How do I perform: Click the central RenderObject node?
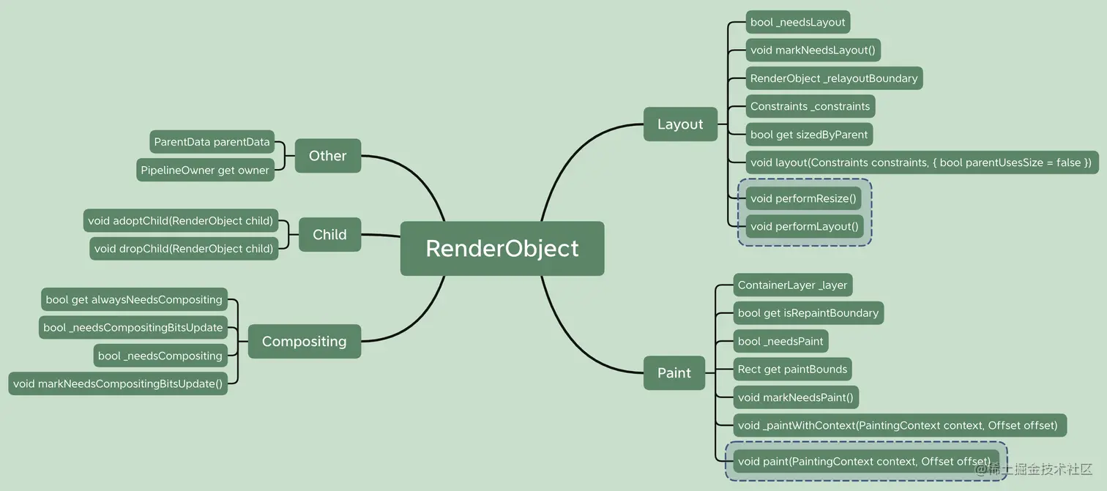502,249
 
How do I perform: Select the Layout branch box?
680,124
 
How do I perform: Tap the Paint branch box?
674,373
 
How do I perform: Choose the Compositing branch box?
305,341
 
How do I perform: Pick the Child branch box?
329,235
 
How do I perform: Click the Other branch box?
328,156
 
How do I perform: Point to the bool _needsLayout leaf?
797,22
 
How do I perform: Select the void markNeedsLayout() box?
813,50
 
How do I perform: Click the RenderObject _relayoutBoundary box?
834,78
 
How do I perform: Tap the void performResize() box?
804,198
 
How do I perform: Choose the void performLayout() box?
805,226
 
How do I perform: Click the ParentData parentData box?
212,142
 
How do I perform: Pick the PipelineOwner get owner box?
205,170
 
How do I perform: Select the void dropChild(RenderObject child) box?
184,249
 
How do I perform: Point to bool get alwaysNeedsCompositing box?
134,299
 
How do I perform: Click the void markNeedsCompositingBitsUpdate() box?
118,383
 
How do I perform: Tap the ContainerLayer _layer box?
793,285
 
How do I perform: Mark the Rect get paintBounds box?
793,369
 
